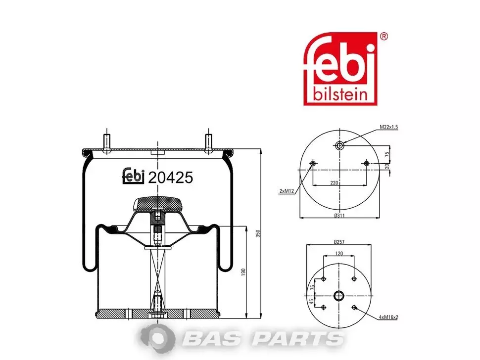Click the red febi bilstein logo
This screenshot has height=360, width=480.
coord(340,69)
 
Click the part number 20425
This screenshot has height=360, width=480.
coord(171,178)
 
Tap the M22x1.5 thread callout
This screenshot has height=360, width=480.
coord(389,127)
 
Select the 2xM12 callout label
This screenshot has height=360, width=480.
coord(287,191)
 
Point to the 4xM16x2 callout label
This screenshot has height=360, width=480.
coord(388,317)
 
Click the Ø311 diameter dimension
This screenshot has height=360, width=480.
coord(339,215)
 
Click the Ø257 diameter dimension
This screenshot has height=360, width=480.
coord(339,242)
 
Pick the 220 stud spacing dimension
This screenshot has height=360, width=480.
coord(335,182)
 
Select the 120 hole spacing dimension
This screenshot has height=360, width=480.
coord(339,253)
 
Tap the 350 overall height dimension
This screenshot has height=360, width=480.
coord(258,233)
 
